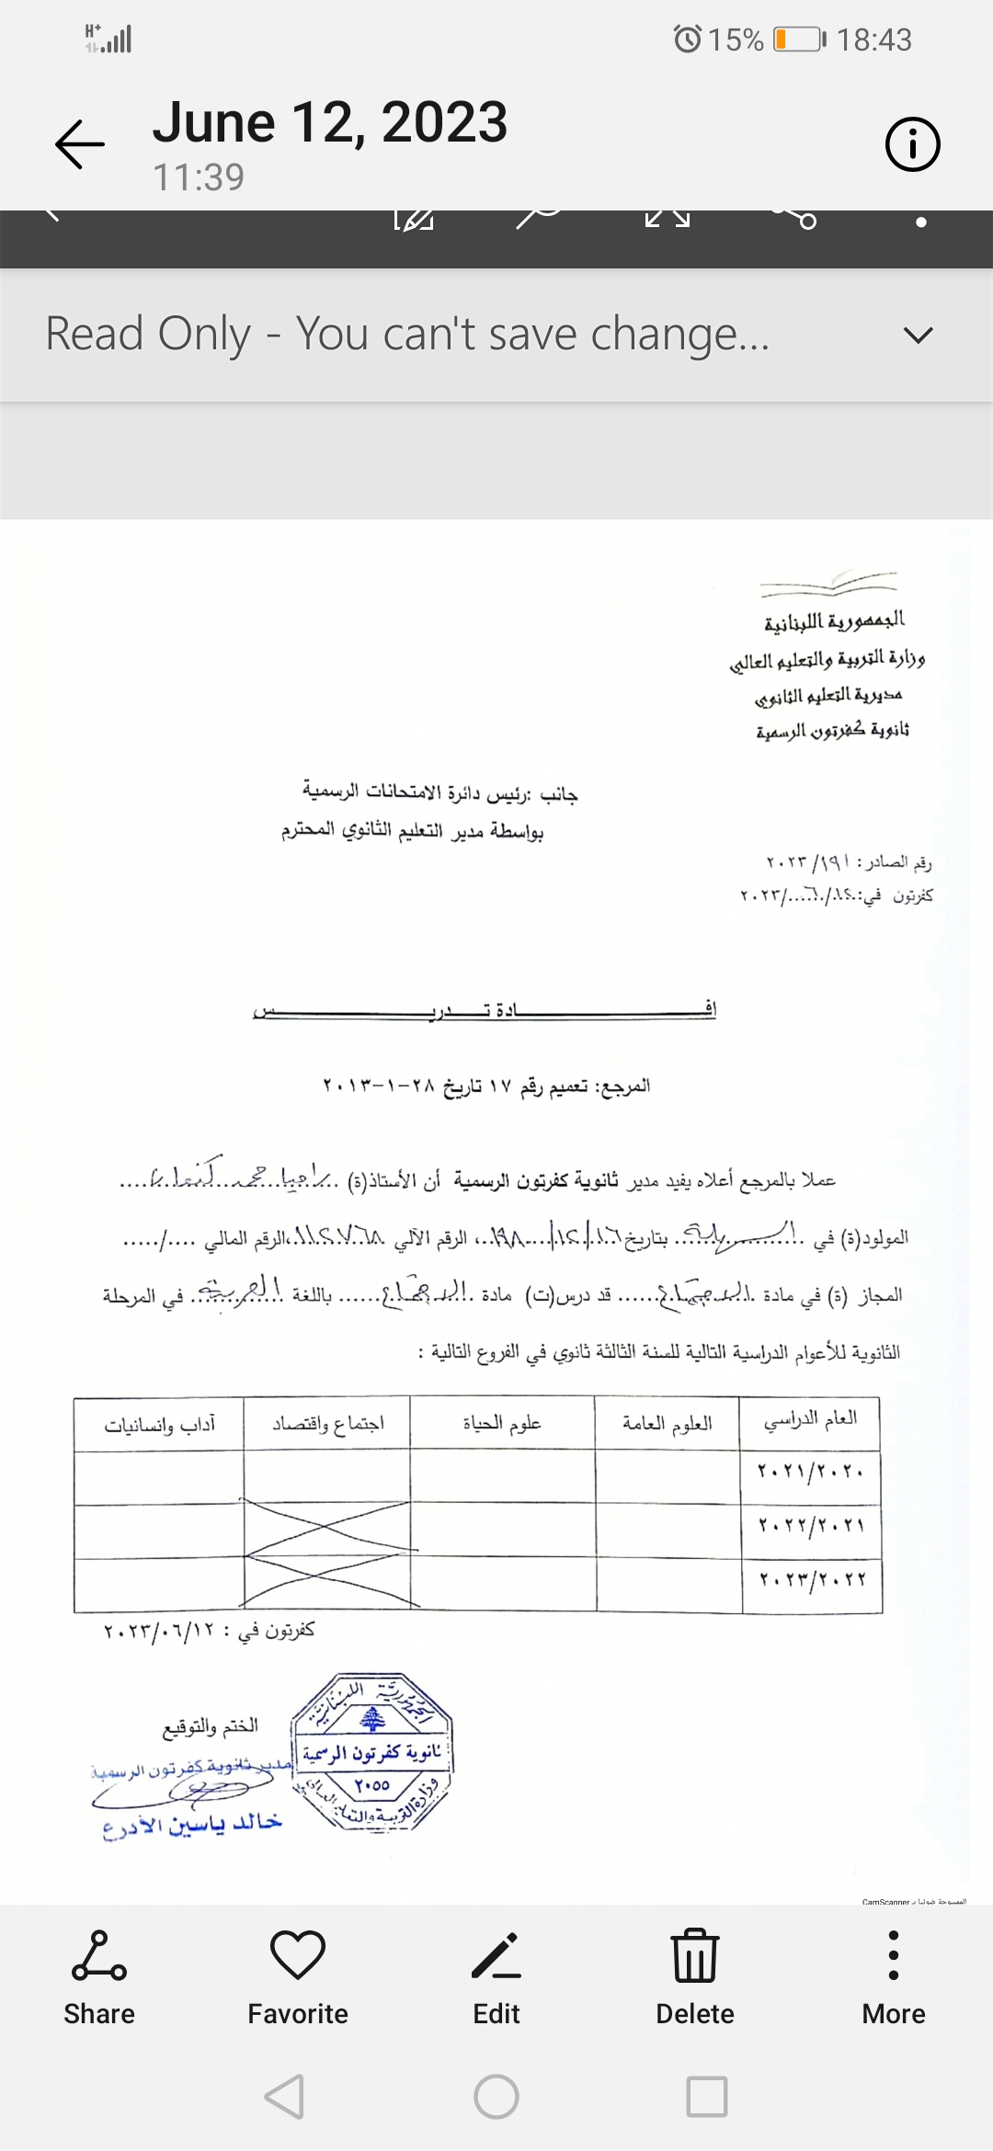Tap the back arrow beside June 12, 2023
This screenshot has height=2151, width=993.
point(80,144)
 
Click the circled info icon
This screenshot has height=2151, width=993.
point(912,144)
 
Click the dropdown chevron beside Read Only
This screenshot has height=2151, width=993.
point(918,335)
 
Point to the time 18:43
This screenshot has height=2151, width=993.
point(873,40)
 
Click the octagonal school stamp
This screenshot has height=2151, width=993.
point(372,1751)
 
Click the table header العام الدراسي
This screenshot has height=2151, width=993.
point(810,1421)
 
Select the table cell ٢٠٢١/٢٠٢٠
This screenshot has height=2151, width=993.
point(810,1472)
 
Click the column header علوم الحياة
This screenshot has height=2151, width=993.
point(502,1424)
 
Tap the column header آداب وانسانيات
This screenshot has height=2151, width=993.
point(160,1425)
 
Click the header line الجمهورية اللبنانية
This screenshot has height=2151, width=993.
point(833,622)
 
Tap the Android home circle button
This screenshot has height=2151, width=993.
point(496,2098)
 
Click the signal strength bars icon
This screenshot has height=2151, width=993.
point(108,39)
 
